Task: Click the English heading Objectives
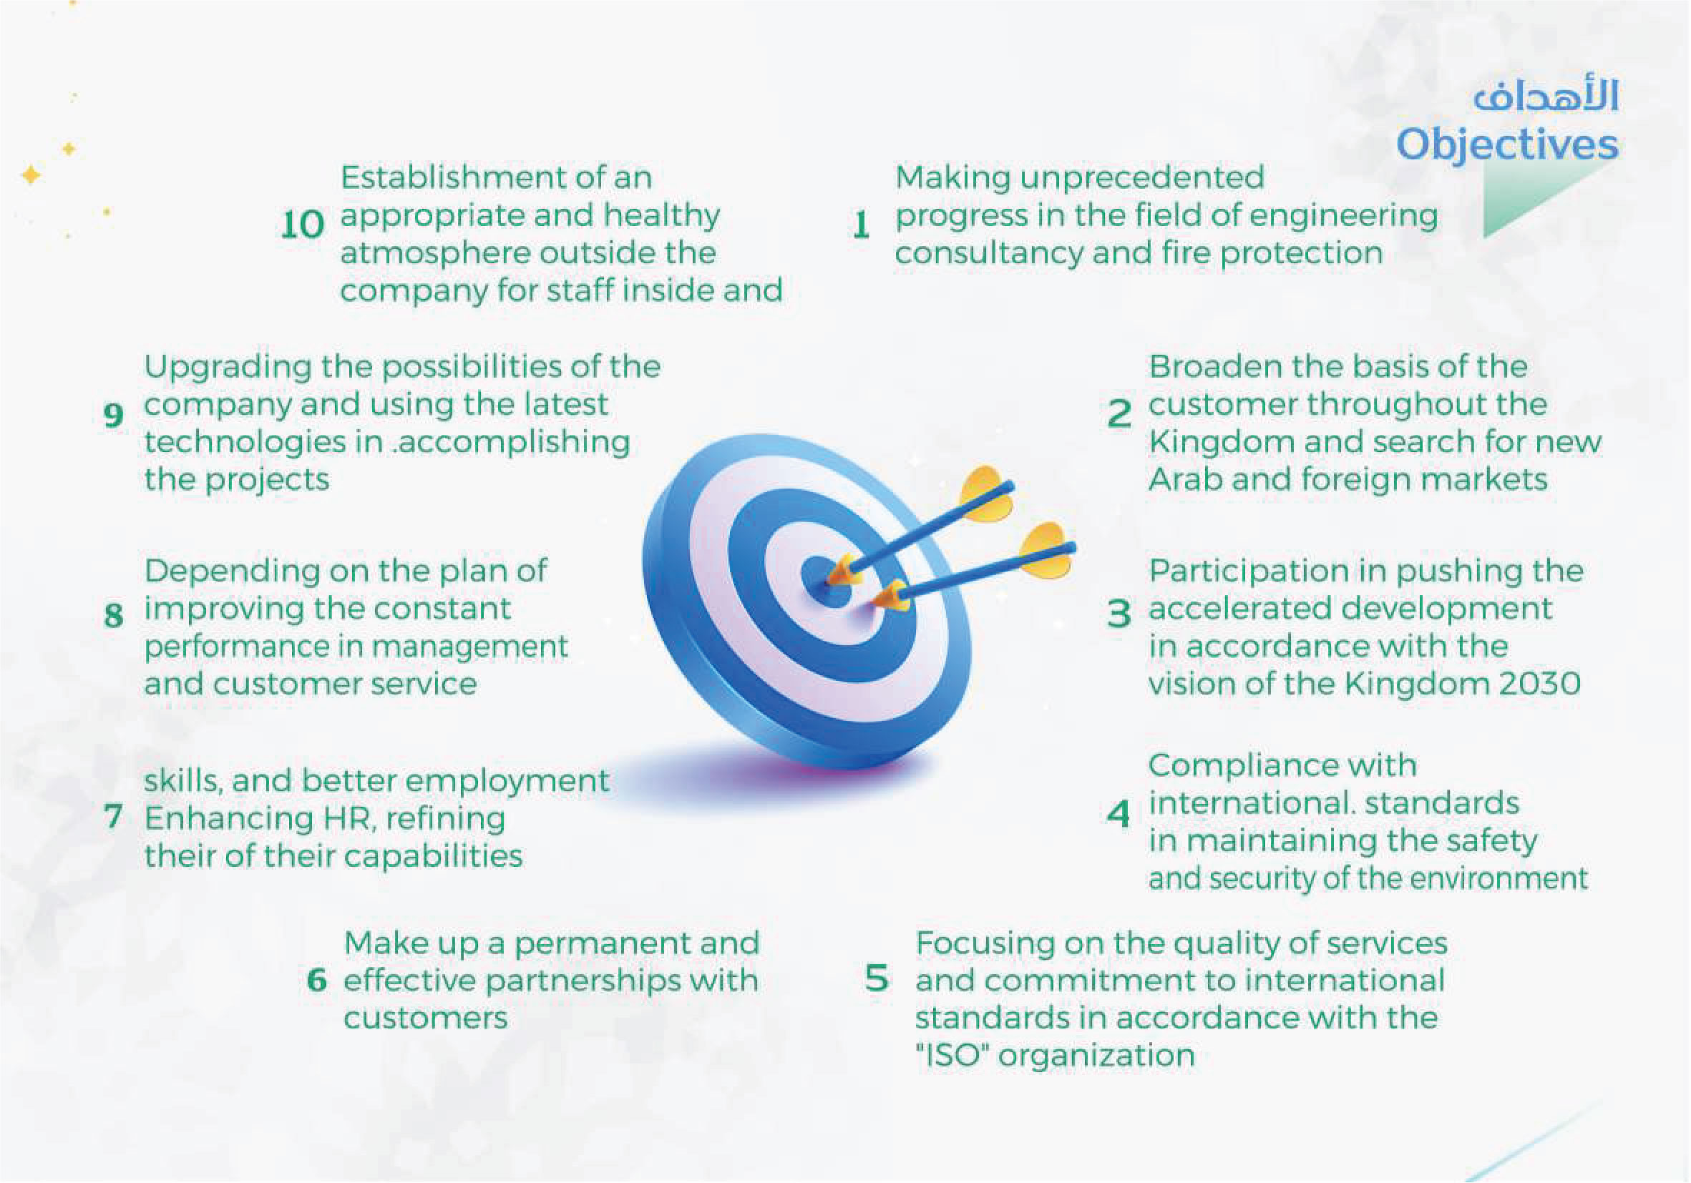click(x=1507, y=144)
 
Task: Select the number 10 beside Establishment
click(x=302, y=225)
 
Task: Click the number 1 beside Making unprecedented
click(x=861, y=225)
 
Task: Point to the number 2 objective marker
click(x=1119, y=413)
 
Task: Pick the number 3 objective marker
click(x=1119, y=612)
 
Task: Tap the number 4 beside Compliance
click(x=1119, y=813)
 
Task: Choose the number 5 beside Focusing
click(x=877, y=979)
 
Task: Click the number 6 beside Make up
click(x=317, y=981)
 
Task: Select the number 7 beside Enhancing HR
click(x=112, y=816)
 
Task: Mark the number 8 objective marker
click(x=112, y=615)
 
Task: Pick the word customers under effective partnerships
click(x=425, y=1018)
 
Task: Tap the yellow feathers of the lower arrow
click(x=1046, y=552)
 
